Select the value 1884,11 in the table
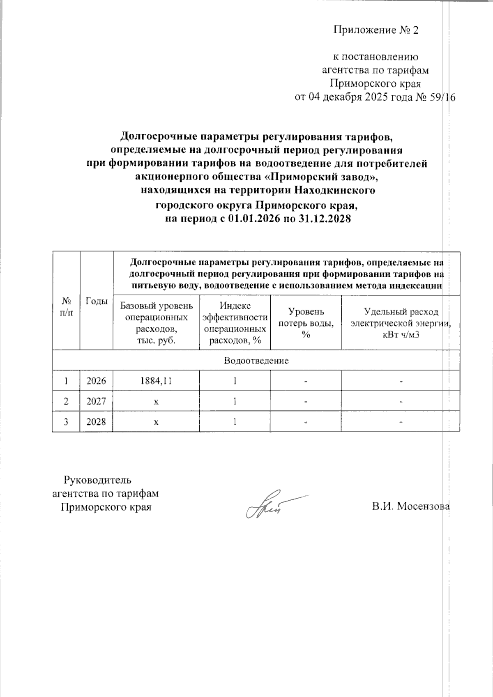(x=156, y=381)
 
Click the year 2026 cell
(x=96, y=381)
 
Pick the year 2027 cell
(x=96, y=401)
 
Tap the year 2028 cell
(x=96, y=421)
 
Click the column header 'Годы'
(x=96, y=301)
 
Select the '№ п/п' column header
(x=66, y=306)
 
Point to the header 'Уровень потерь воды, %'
(x=306, y=323)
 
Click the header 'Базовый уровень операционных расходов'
(x=156, y=323)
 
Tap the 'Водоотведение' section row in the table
(x=256, y=361)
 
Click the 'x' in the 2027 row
(x=156, y=401)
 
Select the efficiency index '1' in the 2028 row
(x=235, y=421)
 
